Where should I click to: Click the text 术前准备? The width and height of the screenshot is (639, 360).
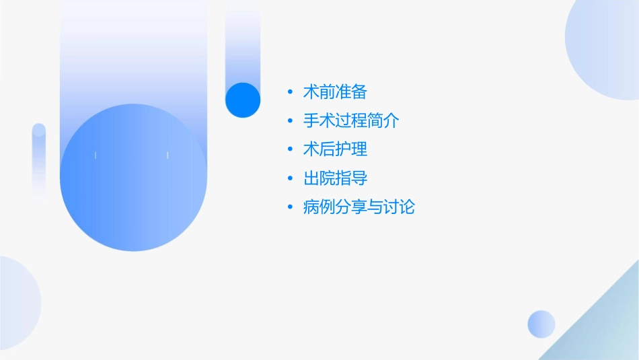(x=335, y=92)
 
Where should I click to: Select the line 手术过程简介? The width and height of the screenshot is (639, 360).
(x=351, y=121)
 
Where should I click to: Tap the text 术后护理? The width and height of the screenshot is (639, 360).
(x=335, y=149)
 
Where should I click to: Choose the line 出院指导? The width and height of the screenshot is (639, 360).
(x=335, y=178)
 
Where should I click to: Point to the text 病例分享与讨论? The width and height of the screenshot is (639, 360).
(x=359, y=207)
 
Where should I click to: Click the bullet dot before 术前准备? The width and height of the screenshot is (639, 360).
(x=289, y=92)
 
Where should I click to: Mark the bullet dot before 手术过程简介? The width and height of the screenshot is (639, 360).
(x=289, y=121)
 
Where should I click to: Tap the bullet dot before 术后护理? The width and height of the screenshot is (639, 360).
(x=289, y=149)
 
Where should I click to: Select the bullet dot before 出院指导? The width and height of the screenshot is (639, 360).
(x=289, y=178)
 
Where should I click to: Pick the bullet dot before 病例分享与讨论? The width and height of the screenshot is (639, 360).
(x=289, y=207)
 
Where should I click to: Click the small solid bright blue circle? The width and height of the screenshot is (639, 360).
(x=243, y=100)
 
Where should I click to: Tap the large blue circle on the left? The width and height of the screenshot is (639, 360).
(x=133, y=178)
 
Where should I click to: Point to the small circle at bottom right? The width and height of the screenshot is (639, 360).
(x=541, y=324)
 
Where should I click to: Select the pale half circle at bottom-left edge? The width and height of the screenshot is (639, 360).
(x=17, y=303)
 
